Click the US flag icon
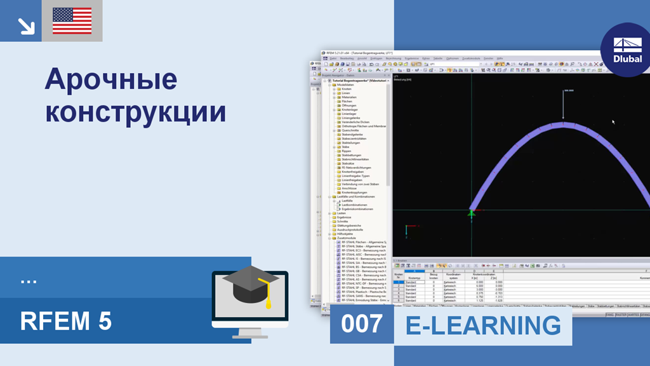tap(72, 20)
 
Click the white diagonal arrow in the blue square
tap(25, 25)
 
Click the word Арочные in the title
tap(110, 81)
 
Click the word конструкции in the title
tap(136, 112)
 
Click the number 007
tap(362, 324)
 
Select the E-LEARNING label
tap(483, 325)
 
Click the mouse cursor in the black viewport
tap(613, 121)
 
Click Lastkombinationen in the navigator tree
tap(355, 205)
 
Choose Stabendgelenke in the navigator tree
tap(352, 135)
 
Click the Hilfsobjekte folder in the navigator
tap(346, 234)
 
